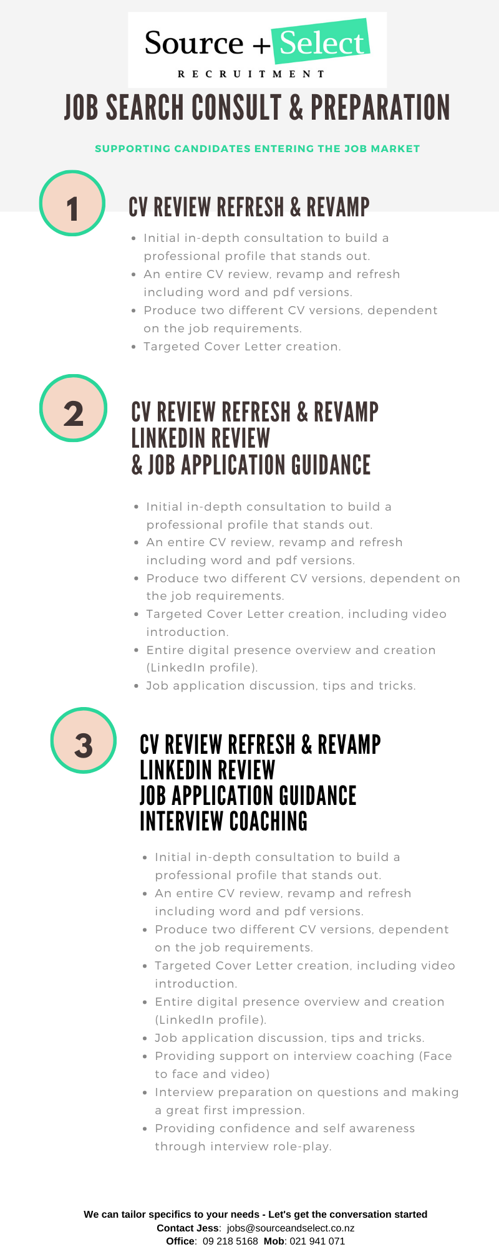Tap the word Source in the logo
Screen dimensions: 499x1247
194,43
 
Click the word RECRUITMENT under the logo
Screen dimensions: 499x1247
251,74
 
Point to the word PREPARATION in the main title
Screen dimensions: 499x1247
380,107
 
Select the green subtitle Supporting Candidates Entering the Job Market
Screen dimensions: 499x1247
258,148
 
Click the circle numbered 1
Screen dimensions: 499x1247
72,203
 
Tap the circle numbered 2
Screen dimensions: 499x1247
74,408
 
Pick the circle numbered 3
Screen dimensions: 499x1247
84,741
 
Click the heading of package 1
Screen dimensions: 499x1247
249,207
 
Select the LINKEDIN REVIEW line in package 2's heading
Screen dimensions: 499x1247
201,438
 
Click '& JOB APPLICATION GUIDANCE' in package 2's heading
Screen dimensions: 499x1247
251,465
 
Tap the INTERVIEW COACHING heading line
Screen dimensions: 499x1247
224,821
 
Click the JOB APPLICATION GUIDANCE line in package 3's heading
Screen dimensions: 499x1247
248,796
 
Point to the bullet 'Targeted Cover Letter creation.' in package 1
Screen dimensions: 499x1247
242,347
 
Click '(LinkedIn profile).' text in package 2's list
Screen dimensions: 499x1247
202,668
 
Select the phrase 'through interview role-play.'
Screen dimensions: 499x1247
243,1147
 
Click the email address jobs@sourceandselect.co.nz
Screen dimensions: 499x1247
291,1228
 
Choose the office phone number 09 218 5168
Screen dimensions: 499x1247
230,1241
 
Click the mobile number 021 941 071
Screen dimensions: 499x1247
317,1241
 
